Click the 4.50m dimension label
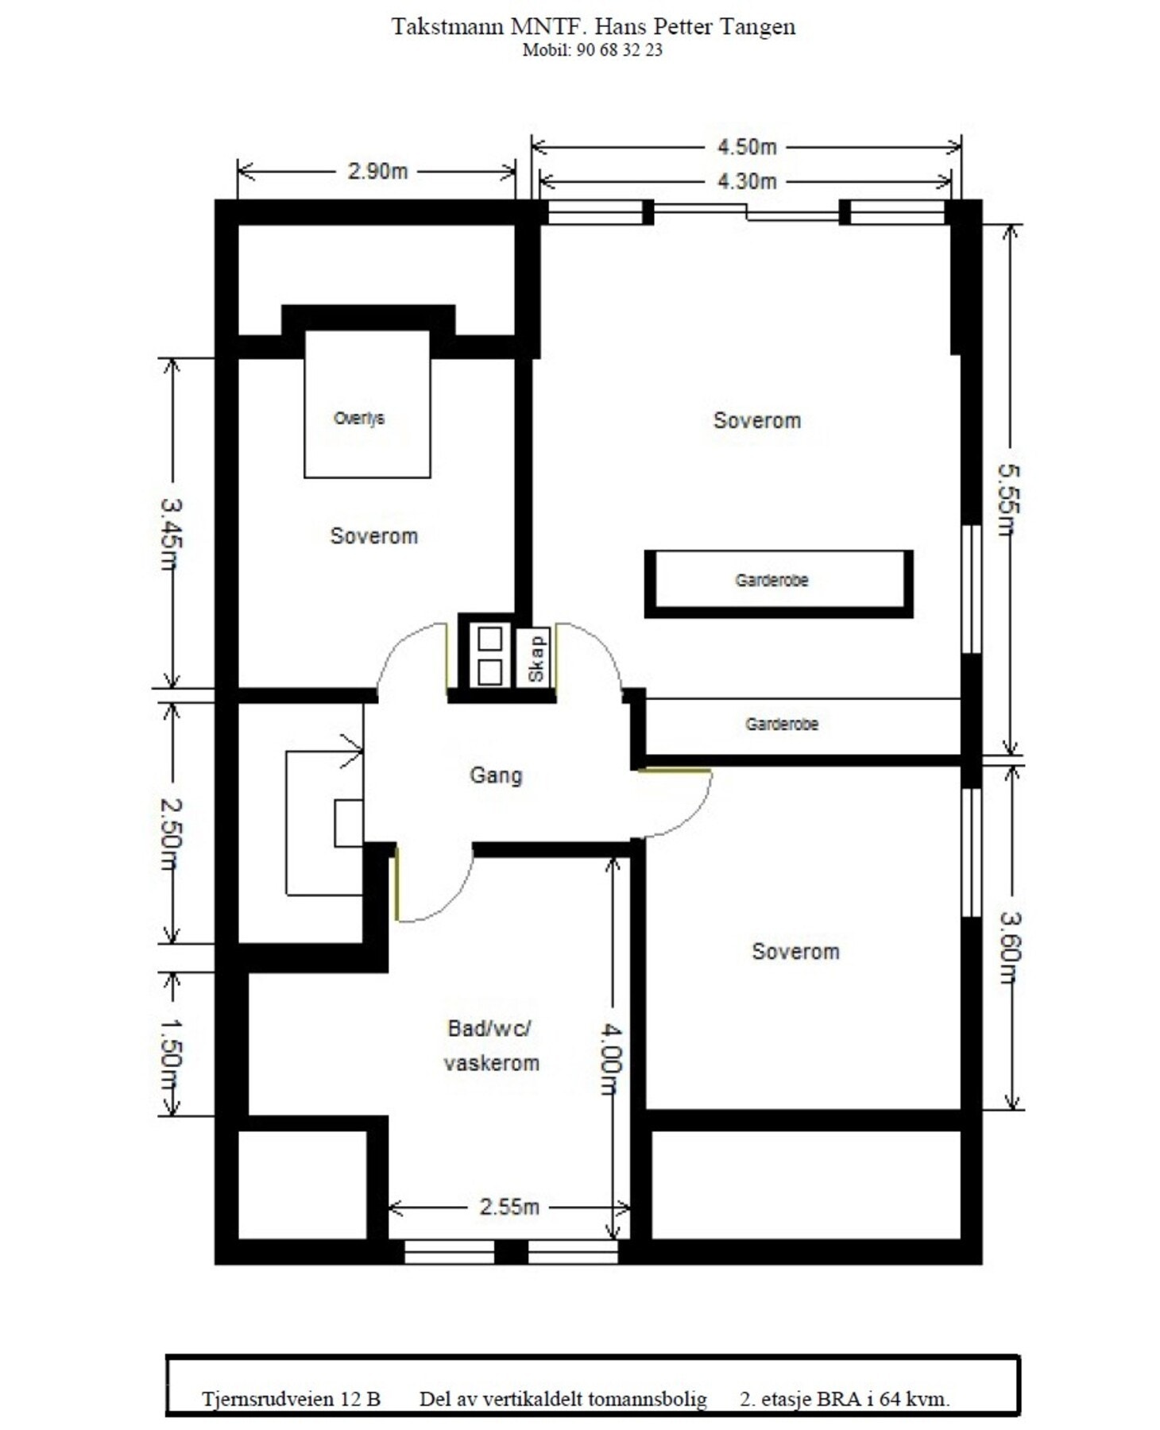[746, 147]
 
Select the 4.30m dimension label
[746, 182]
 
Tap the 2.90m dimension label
[377, 171]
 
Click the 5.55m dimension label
[1009, 500]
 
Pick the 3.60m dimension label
[1010, 948]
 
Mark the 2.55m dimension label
[509, 1207]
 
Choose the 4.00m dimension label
[610, 1058]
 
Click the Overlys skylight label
[359, 419]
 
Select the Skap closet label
[536, 659]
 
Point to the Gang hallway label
[496, 775]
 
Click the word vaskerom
[492, 1063]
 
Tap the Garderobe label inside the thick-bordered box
[771, 581]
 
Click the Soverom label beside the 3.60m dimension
[795, 952]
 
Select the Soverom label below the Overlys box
[374, 536]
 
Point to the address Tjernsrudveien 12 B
[291, 1399]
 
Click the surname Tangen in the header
[757, 27]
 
